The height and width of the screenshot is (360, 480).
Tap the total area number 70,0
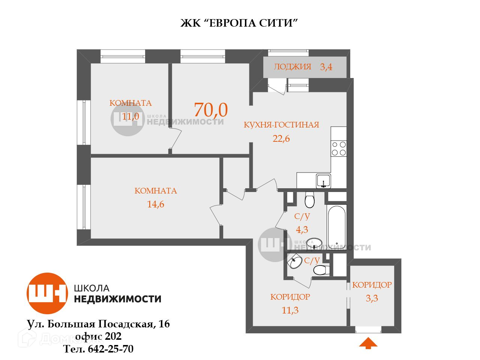pyautogui.click(x=211, y=109)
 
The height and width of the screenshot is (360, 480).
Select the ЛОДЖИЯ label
pyautogui.click(x=292, y=67)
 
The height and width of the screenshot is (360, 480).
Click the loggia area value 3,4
pyautogui.click(x=326, y=67)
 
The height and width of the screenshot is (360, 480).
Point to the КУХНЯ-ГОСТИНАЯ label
pyautogui.click(x=281, y=125)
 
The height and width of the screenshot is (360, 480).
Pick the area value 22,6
pyautogui.click(x=281, y=138)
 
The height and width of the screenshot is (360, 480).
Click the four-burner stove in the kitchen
pyautogui.click(x=339, y=148)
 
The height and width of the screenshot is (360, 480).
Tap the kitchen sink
pyautogui.click(x=323, y=180)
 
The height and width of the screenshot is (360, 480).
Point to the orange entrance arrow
pyautogui.click(x=368, y=343)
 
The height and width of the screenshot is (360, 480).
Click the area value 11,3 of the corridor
pyautogui.click(x=290, y=310)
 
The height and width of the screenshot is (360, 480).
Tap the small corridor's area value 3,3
pyautogui.click(x=372, y=298)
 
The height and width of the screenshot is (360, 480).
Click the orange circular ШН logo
pyautogui.click(x=47, y=293)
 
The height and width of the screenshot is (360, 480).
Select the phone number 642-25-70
pyautogui.click(x=111, y=349)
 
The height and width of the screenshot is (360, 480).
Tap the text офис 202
pyautogui.click(x=98, y=336)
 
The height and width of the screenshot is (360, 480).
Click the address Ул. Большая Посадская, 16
pyautogui.click(x=98, y=324)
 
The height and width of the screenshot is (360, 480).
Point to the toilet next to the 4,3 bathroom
pyautogui.click(x=310, y=200)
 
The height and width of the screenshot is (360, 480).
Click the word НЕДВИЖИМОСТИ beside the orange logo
pyautogui.click(x=118, y=299)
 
